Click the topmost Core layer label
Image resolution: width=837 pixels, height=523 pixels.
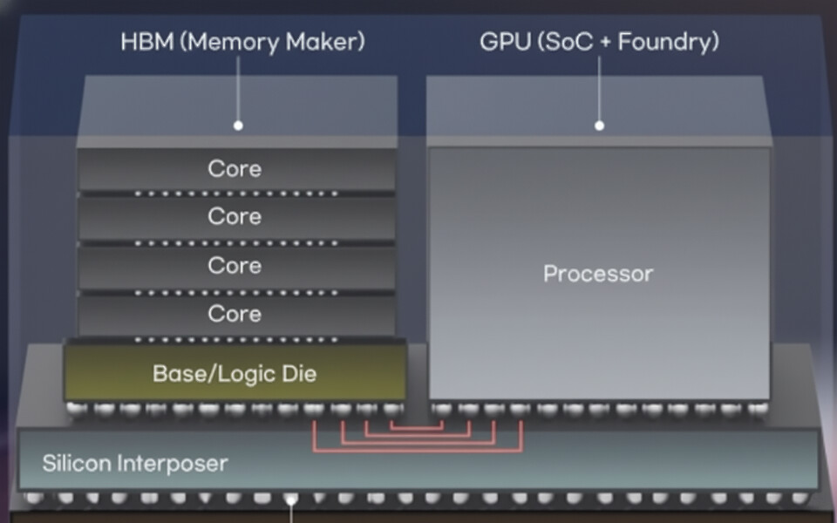(235, 168)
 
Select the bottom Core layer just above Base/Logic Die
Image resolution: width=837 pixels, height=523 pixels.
(235, 313)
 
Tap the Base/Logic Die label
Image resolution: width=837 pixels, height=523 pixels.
(235, 374)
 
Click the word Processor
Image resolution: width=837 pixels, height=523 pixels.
(598, 274)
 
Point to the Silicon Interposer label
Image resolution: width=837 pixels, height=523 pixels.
(135, 463)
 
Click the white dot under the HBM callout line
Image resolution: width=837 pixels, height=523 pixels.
(238, 126)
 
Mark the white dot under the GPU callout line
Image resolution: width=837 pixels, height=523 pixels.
(599, 126)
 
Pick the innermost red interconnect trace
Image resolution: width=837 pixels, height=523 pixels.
(417, 428)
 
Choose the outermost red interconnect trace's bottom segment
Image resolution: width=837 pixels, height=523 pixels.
(417, 451)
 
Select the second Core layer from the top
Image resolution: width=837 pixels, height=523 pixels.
(235, 216)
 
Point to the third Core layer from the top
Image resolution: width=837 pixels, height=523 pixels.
(235, 265)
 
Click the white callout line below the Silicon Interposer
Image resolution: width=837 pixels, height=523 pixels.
(291, 513)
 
